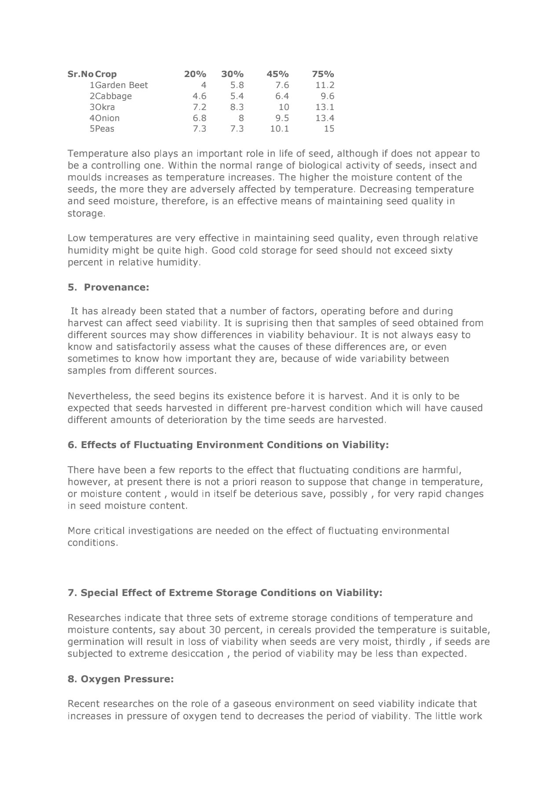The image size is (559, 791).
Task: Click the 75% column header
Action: point(323,74)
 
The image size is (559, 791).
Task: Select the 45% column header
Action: point(278,74)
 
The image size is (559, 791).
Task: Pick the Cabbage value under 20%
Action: point(199,96)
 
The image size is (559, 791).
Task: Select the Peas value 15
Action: point(329,129)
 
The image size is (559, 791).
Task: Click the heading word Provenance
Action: point(117,287)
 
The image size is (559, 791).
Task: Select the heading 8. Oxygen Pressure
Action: point(121,679)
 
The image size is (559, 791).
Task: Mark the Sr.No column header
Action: point(80,74)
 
